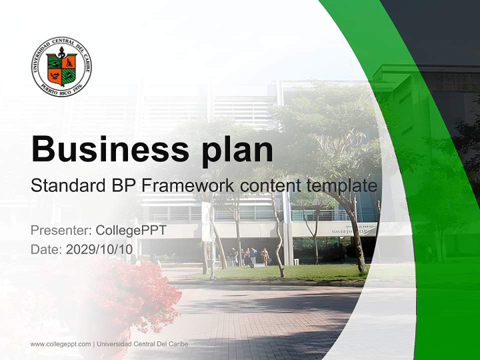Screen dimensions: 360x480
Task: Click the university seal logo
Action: [x=61, y=67]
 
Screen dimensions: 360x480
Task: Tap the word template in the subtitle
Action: [x=340, y=185]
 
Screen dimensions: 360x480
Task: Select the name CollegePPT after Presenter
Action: [x=131, y=230]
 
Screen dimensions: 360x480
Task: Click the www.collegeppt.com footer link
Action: [x=60, y=344]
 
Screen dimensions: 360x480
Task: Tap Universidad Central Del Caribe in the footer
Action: [x=142, y=344]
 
